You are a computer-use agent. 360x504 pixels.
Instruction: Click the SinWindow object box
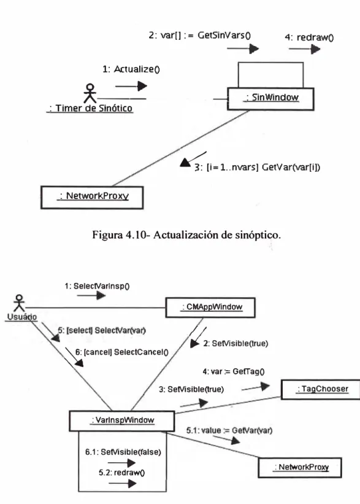click(x=270, y=99)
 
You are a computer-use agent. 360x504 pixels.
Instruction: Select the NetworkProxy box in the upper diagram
click(x=92, y=197)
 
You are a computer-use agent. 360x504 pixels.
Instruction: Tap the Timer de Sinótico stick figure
click(x=90, y=93)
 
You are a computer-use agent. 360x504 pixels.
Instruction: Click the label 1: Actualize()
click(x=131, y=69)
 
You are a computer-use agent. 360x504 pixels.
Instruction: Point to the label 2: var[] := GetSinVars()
click(x=200, y=35)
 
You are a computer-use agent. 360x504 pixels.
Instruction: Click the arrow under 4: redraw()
click(x=304, y=49)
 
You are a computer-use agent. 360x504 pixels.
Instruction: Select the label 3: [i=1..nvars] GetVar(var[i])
click(x=257, y=167)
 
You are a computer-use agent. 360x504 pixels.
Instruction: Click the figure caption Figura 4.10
click(x=186, y=235)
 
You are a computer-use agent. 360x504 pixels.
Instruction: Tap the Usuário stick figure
click(x=19, y=303)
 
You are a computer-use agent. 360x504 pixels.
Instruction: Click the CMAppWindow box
click(x=210, y=308)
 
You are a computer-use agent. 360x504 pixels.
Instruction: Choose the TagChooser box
click(x=321, y=389)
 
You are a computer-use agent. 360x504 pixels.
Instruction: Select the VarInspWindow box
click(x=122, y=421)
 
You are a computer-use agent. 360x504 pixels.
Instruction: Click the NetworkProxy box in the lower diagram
click(x=300, y=468)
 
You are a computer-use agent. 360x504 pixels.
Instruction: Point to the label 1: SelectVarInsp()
click(x=97, y=286)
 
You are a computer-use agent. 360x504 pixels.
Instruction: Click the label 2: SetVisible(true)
click(x=236, y=344)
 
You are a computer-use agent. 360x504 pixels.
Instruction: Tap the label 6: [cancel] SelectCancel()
click(x=121, y=352)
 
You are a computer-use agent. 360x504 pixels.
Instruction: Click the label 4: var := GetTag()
click(x=234, y=371)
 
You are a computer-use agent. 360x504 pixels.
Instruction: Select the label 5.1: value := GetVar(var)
click(x=229, y=430)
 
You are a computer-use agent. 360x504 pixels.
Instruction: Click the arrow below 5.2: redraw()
click(x=123, y=483)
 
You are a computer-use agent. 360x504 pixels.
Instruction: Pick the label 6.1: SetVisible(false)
click(x=123, y=452)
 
